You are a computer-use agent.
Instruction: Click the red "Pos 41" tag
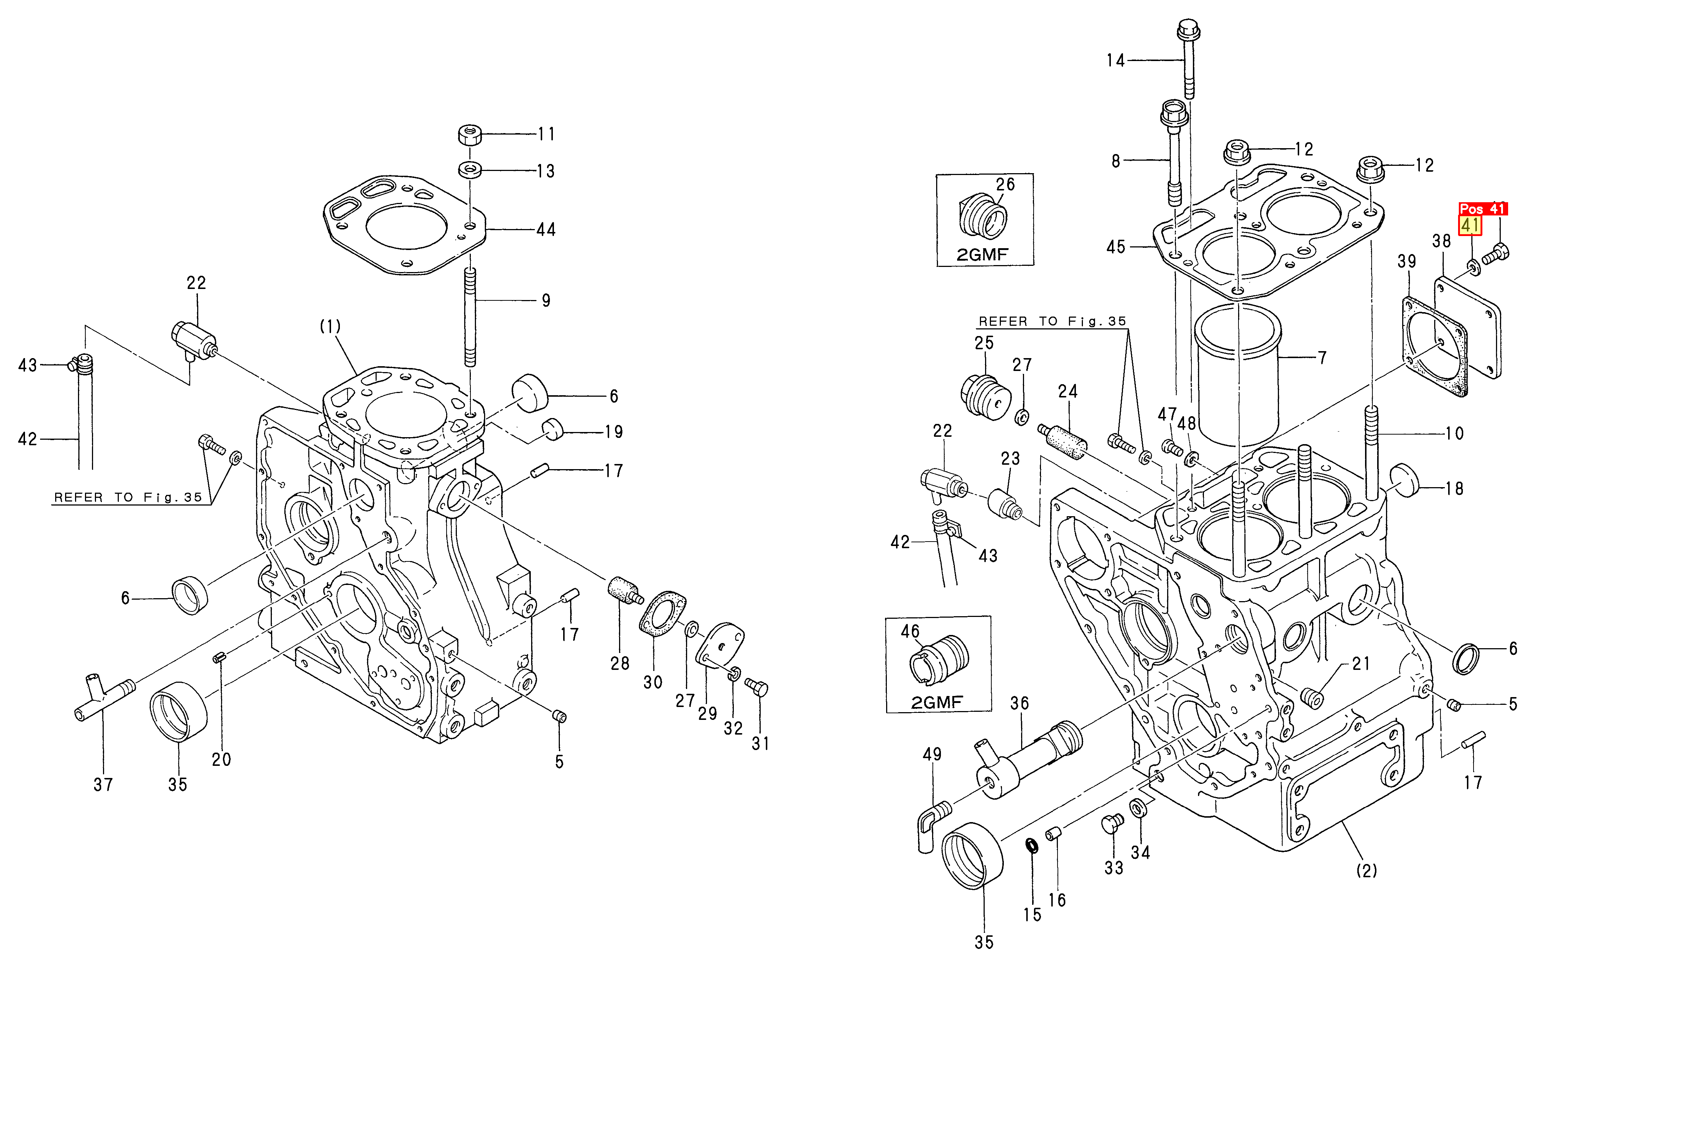[x=1483, y=209]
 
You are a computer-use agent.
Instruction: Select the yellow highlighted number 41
[x=1470, y=226]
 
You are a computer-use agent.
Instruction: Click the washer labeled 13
[x=469, y=170]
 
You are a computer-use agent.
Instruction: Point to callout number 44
[x=546, y=229]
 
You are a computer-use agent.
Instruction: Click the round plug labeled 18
[x=1403, y=481]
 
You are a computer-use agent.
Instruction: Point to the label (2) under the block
[x=1366, y=871]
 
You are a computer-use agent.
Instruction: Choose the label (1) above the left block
[x=330, y=327]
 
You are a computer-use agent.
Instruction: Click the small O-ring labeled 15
[x=1031, y=846]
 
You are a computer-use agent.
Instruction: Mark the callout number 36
[x=1019, y=703]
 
